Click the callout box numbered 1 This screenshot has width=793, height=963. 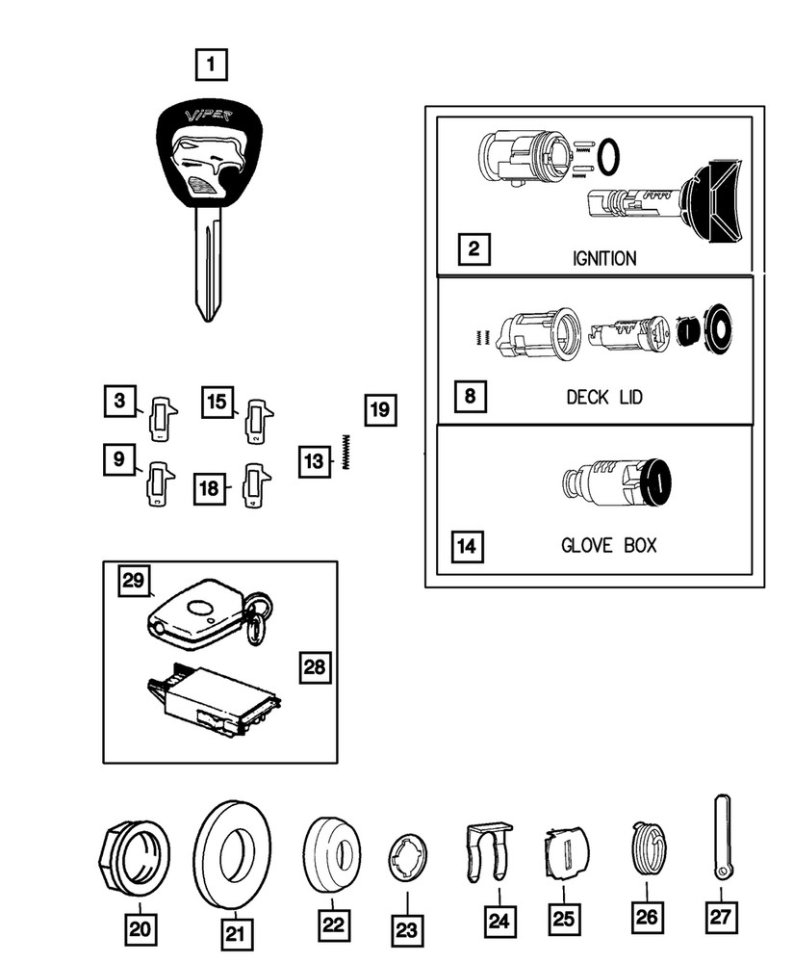pyautogui.click(x=211, y=65)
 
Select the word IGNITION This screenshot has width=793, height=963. pyautogui.click(x=604, y=258)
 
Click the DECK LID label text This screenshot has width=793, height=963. pyautogui.click(x=604, y=398)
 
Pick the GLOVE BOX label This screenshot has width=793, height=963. pyautogui.click(x=608, y=545)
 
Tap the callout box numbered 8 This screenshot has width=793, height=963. pyautogui.click(x=472, y=395)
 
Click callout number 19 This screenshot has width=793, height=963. pyautogui.click(x=379, y=411)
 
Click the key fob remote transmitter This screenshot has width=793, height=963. pyautogui.click(x=197, y=614)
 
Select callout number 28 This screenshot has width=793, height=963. pyautogui.click(x=313, y=665)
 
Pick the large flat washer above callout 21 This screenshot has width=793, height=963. pyautogui.click(x=232, y=854)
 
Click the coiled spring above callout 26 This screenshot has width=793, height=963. pyautogui.click(x=649, y=849)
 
